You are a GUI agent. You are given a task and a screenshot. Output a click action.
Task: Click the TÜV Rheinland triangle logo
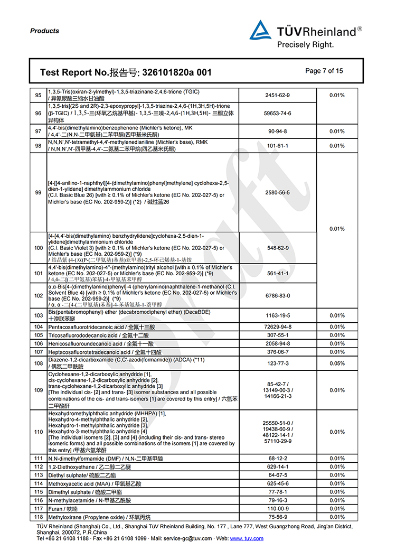260,31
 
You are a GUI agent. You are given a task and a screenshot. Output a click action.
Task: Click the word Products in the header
45,31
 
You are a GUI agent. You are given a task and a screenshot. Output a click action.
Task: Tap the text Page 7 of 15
324,71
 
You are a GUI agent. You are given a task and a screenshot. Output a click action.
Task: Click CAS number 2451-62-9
278,96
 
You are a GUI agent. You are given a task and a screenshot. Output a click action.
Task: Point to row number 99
38,193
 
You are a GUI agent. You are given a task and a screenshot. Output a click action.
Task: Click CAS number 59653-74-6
278,114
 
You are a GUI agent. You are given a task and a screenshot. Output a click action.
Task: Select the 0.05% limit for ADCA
337,363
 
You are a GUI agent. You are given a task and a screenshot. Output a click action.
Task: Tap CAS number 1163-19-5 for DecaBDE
278,315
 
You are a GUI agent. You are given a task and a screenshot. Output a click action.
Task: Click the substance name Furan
55,508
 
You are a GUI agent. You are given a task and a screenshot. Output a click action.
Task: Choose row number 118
38,517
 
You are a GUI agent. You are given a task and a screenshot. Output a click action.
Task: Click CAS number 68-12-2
278,458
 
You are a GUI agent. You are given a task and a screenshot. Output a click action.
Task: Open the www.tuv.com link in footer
247,538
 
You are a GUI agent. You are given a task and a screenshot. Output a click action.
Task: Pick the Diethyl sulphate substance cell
82,475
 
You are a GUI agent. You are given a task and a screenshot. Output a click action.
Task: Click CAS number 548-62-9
278,247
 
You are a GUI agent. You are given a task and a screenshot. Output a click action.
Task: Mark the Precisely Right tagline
305,45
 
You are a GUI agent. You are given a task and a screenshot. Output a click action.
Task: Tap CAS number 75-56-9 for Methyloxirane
278,517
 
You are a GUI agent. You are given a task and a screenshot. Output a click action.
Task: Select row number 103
38,315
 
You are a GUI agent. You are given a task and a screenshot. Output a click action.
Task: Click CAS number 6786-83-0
278,296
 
